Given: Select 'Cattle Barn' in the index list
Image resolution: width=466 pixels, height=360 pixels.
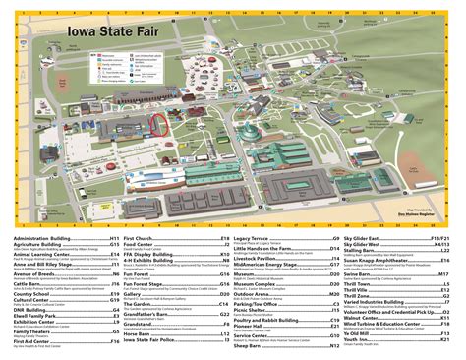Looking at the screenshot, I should coord(31,307).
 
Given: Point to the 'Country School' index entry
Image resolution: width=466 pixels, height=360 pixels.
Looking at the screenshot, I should coord(33,321).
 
